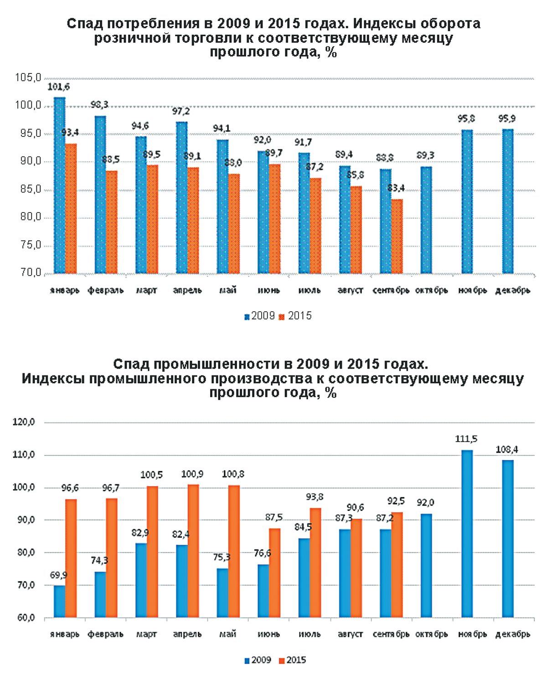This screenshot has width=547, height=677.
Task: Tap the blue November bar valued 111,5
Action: click(467, 534)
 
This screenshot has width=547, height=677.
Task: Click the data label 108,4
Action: click(507, 450)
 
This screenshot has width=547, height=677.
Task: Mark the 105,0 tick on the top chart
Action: click(28, 78)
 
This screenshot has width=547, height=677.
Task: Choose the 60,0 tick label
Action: click(24, 618)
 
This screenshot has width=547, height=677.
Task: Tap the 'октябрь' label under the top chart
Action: click(431, 291)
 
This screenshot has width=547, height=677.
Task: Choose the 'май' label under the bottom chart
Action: click(227, 634)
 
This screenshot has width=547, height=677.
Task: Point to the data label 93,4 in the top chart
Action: click(70, 133)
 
